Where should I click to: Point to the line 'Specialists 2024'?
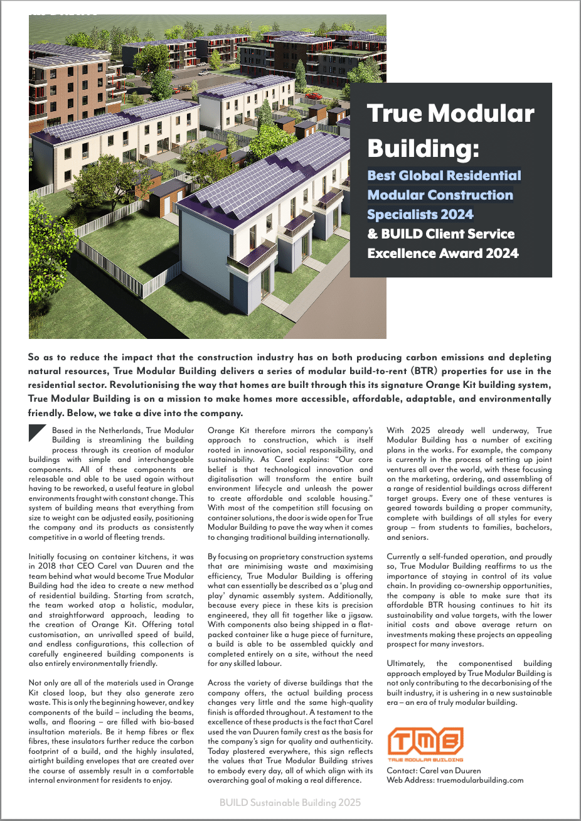(x=420, y=215)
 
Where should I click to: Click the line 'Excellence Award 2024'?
(x=442, y=254)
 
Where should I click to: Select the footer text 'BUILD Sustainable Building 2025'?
(x=290, y=802)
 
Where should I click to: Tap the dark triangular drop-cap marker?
(x=38, y=434)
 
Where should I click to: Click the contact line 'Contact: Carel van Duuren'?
(x=434, y=771)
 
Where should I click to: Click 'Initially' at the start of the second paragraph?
(x=44, y=557)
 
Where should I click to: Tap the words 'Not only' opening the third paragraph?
(x=45, y=683)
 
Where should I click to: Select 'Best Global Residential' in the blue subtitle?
(x=444, y=176)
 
